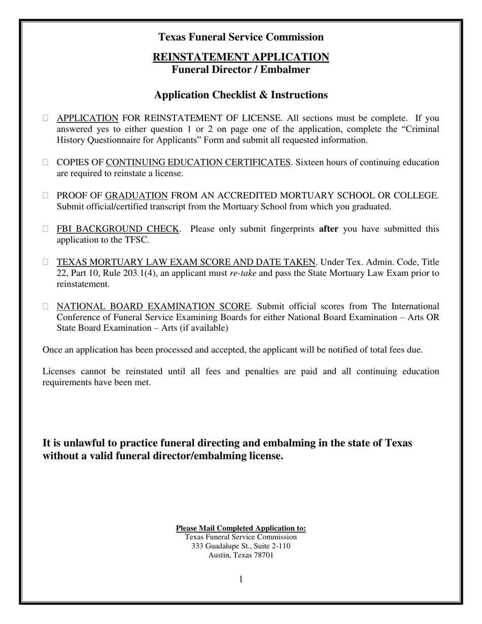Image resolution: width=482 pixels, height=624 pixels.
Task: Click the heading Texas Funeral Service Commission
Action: (x=240, y=37)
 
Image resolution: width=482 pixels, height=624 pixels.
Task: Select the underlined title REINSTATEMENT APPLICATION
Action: (x=240, y=57)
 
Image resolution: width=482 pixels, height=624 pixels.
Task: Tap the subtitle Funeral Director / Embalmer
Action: (x=240, y=70)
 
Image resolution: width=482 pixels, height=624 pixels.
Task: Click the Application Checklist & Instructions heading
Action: (x=240, y=95)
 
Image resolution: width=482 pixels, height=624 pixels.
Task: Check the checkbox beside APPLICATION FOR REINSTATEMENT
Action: (x=46, y=118)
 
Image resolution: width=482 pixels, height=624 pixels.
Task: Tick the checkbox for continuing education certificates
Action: (x=46, y=162)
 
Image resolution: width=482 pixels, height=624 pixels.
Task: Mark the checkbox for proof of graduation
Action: (x=46, y=196)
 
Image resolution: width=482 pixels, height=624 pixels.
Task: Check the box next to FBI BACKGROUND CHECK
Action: (x=46, y=229)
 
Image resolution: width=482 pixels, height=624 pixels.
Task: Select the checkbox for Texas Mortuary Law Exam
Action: (x=46, y=262)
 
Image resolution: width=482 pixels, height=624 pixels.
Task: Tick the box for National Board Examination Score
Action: (x=46, y=306)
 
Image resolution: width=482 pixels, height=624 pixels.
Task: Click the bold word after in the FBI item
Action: (x=328, y=229)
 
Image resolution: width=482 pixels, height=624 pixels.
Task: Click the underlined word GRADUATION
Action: (x=136, y=196)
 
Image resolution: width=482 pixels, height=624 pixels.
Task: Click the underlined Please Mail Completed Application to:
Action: (x=240, y=528)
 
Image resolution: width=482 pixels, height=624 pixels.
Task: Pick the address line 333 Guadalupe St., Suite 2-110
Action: (x=240, y=546)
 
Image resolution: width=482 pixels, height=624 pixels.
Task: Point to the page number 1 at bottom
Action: (x=241, y=579)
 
